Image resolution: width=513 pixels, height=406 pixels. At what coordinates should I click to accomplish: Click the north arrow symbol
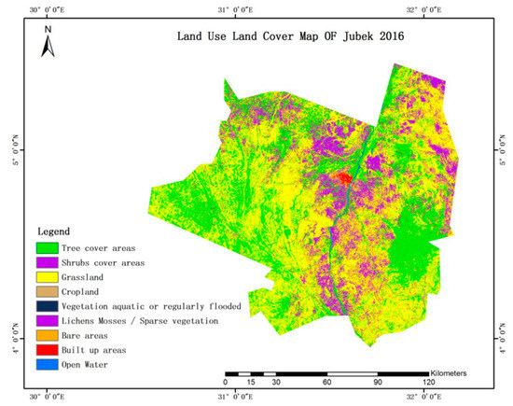click(49, 42)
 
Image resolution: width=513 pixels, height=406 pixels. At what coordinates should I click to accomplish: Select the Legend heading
click(56, 231)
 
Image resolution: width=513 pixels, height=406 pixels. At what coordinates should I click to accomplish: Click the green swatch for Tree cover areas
click(49, 247)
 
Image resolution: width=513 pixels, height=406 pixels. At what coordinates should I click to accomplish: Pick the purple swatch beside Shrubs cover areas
click(49, 262)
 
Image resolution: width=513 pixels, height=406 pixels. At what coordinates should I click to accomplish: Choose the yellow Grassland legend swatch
click(49, 277)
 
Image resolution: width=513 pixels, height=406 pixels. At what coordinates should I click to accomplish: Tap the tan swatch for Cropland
click(49, 291)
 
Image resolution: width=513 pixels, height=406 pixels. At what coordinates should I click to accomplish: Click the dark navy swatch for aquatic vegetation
click(49, 306)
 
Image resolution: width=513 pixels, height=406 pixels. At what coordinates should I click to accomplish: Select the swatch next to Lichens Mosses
click(49, 321)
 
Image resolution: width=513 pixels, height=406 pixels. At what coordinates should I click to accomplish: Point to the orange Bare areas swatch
click(49, 335)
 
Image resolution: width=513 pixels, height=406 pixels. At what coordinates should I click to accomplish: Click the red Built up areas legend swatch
click(49, 350)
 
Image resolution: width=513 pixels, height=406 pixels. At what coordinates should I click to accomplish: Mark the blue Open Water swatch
click(49, 365)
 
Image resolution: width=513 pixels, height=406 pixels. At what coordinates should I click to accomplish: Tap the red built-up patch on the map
click(342, 177)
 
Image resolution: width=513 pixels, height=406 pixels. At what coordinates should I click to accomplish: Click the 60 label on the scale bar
click(326, 383)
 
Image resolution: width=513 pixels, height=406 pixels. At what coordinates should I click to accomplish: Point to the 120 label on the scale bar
click(428, 383)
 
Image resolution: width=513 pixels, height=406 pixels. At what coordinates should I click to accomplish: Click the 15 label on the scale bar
click(250, 383)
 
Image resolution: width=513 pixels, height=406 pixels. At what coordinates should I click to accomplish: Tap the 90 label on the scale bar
click(378, 383)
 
